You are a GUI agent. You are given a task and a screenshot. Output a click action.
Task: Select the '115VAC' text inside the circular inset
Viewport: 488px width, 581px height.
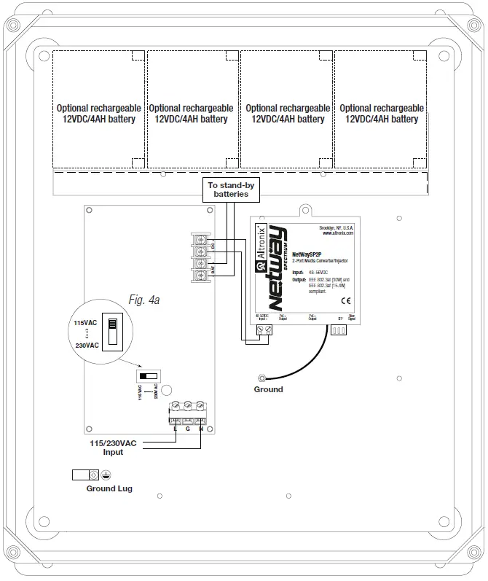(x=79, y=322)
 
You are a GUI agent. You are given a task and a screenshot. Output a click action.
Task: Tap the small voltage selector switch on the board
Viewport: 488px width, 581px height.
(x=148, y=375)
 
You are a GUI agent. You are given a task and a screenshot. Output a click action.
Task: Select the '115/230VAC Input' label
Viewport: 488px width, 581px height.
(x=114, y=447)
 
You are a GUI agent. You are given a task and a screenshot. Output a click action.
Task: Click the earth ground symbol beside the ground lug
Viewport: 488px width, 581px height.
(x=106, y=475)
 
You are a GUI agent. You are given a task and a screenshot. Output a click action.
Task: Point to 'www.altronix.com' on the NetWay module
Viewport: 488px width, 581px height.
(x=337, y=234)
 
